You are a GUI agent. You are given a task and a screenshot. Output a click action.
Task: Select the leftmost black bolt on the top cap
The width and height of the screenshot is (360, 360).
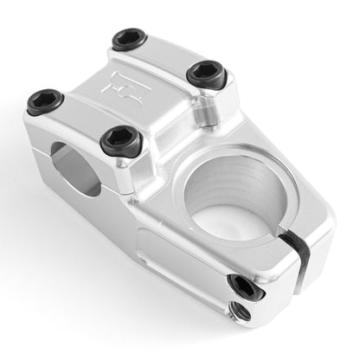coord(44,100)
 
